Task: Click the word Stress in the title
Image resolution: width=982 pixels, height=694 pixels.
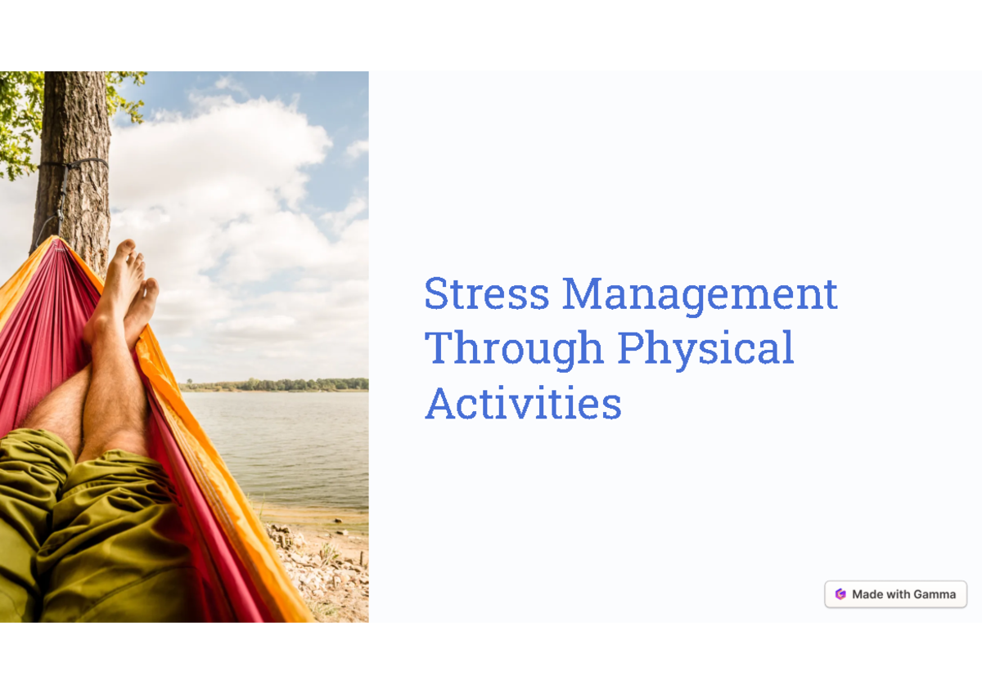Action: coord(486,294)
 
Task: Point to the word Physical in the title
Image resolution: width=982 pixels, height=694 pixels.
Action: coord(705,350)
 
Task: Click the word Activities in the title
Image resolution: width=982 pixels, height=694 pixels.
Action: coord(523,403)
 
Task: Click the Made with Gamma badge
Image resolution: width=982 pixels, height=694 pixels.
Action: coord(895,594)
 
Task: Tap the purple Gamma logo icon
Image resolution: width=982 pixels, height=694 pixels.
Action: coord(840,594)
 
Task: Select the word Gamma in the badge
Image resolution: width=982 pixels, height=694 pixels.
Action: coord(935,594)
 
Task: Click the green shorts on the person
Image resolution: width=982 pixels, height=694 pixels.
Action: coord(90,531)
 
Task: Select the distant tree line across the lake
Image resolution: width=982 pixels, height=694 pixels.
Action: coord(278,384)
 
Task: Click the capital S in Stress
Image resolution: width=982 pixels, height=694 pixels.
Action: coord(437,294)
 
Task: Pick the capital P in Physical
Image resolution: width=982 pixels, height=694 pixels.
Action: coord(629,348)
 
